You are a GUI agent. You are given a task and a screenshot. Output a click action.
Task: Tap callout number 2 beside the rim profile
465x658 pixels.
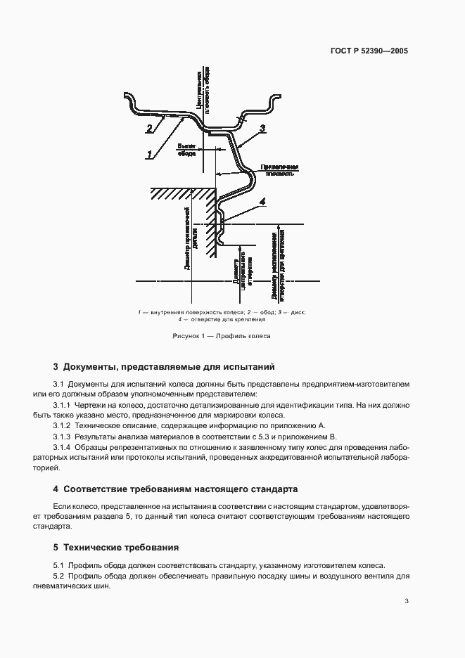[x=149, y=129]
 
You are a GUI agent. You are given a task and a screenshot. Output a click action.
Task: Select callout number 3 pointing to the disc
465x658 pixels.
[x=262, y=128]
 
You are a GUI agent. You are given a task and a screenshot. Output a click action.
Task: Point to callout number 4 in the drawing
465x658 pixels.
[x=262, y=202]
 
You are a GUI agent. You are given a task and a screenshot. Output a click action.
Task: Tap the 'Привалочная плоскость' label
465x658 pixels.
[x=279, y=170]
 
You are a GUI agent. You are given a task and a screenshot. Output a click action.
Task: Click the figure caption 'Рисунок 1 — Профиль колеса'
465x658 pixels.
[x=222, y=336]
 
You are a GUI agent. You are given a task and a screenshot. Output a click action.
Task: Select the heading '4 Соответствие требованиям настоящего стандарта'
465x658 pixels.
[x=176, y=488]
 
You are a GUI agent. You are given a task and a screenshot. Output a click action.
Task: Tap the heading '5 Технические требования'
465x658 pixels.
[x=115, y=547]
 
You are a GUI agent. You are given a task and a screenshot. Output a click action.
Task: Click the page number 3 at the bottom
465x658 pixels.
[x=407, y=600]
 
